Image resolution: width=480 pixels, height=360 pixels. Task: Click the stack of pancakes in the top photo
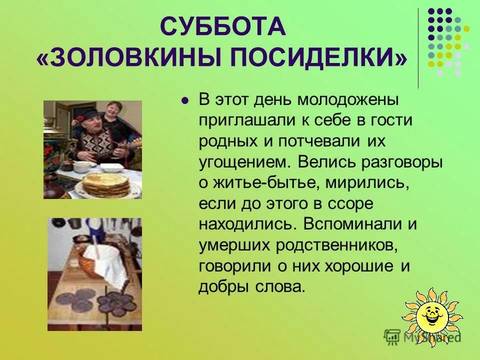coord(105,184)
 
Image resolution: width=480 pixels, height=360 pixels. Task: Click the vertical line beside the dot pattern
coord(418,48)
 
